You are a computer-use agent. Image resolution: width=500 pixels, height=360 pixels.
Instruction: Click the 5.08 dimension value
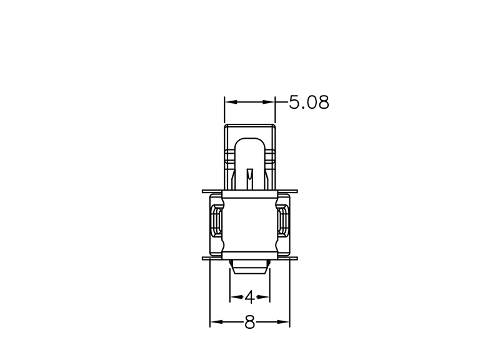tap(309, 102)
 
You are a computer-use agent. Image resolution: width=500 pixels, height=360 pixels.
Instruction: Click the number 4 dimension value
tap(249, 297)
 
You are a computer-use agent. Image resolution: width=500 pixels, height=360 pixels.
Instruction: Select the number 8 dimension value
tap(249, 322)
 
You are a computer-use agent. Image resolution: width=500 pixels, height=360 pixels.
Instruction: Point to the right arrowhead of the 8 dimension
tap(283, 322)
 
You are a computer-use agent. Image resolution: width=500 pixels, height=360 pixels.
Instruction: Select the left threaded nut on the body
tap(216, 221)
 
